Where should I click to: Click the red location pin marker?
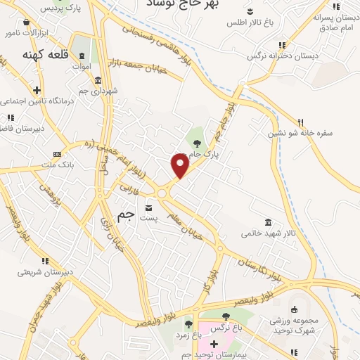click(x=180, y=166)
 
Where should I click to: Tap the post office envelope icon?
click(x=148, y=207)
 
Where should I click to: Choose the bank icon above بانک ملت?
click(x=57, y=154)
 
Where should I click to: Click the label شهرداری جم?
click(x=99, y=91)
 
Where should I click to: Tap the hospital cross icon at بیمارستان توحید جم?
click(x=214, y=344)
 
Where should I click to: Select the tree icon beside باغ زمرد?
click(x=188, y=324)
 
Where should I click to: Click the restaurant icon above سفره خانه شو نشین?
click(x=300, y=121)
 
